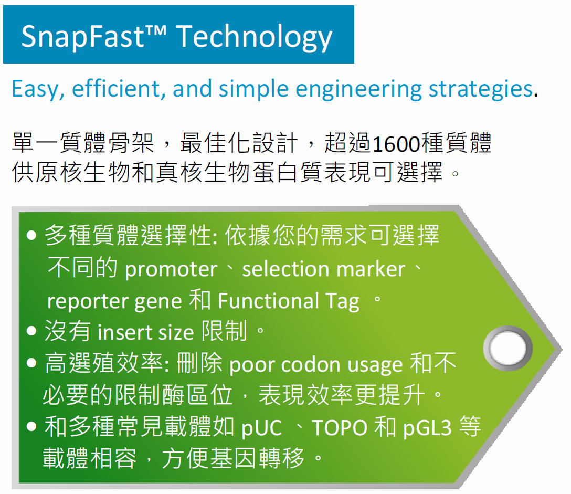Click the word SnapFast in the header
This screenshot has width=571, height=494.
(83, 37)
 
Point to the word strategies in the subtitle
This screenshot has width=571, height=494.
(481, 89)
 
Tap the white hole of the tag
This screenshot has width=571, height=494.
(507, 348)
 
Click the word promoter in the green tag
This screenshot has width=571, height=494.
(171, 270)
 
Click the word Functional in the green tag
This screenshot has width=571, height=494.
(268, 301)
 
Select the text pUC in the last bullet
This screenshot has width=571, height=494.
(262, 428)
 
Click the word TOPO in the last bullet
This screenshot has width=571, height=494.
(340, 428)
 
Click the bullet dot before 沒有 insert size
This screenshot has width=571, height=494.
(31, 331)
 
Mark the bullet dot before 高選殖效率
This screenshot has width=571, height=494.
(31, 363)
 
